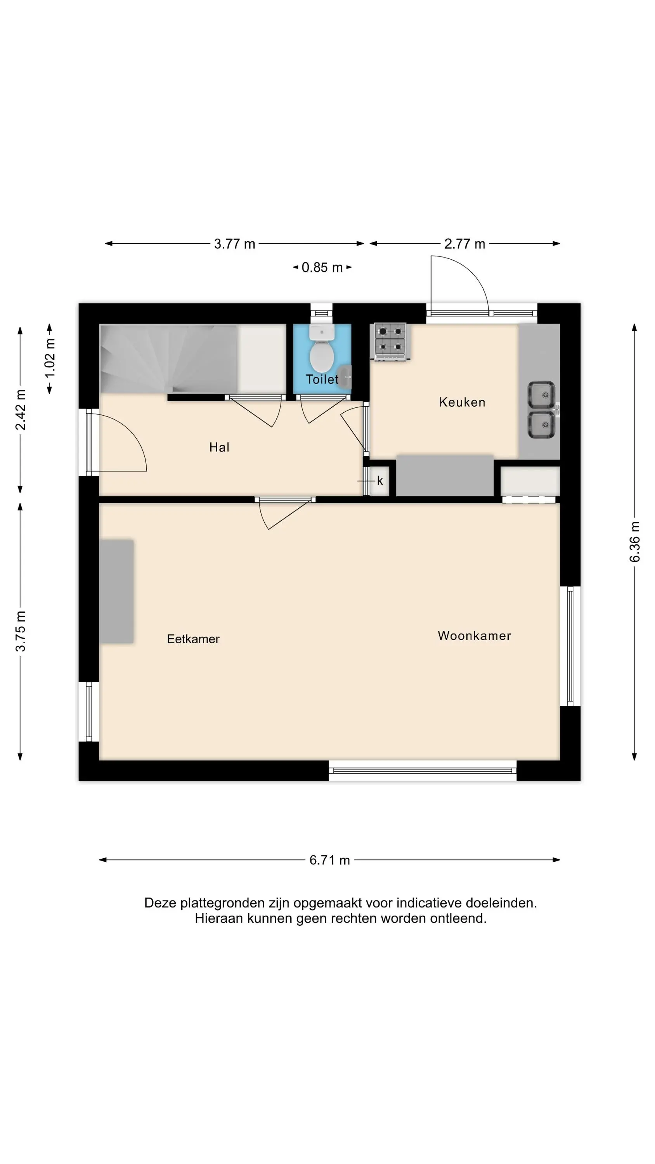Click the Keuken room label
(x=462, y=402)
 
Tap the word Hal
(x=219, y=447)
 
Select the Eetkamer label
(x=193, y=639)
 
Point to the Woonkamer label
(x=474, y=636)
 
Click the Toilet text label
(x=322, y=379)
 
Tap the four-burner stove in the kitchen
(x=390, y=341)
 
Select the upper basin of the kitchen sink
(x=542, y=395)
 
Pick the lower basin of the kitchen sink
(x=542, y=424)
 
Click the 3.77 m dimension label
(x=235, y=244)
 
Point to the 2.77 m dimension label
(x=465, y=244)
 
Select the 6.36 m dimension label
(x=635, y=542)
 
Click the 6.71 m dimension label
(x=329, y=860)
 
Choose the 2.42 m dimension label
(x=20, y=409)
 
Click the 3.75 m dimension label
(x=20, y=631)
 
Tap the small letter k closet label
(x=380, y=481)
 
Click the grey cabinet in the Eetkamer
(x=117, y=591)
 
